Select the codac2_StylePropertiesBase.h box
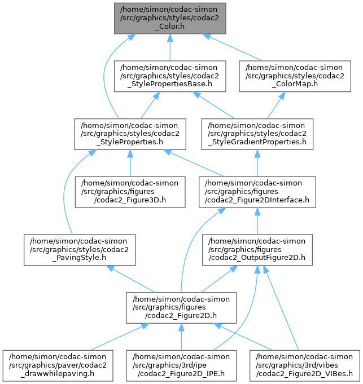[170, 76]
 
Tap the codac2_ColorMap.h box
[297, 76]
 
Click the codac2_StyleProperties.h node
[130, 134]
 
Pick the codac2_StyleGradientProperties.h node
[257, 134]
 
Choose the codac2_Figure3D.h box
[130, 191]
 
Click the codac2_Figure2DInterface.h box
[257, 191]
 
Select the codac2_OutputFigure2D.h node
[257, 250]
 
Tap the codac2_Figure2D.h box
[181, 307]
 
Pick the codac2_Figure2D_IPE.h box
[181, 365]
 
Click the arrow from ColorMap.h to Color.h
[237, 47]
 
